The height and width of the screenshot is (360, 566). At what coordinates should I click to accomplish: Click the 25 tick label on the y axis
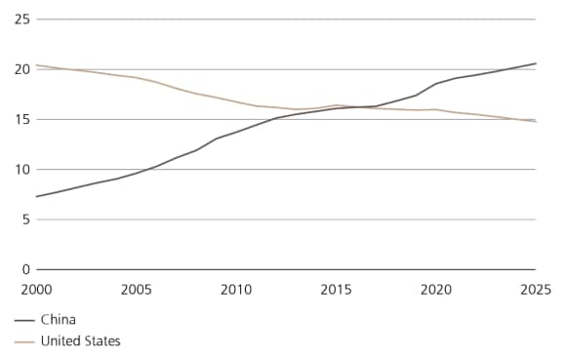(20, 20)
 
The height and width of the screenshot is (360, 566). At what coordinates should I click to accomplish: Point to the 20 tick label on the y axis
(20, 69)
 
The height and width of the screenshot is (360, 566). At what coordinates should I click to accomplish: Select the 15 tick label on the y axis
(20, 120)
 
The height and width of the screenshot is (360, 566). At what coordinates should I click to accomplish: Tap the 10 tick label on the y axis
(20, 170)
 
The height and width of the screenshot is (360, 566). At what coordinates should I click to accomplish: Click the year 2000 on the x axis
(36, 289)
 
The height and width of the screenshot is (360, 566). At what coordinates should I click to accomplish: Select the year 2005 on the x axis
(136, 289)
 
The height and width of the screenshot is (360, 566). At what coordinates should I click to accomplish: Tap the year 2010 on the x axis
(236, 289)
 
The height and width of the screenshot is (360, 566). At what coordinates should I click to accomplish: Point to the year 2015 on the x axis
(336, 289)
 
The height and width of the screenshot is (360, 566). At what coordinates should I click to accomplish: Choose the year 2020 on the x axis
(435, 289)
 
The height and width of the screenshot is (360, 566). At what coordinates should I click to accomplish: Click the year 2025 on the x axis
(535, 289)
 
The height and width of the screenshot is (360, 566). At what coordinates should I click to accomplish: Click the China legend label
(58, 319)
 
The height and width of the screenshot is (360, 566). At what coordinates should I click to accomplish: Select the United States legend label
(80, 340)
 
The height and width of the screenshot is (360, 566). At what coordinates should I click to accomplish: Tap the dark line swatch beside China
(25, 319)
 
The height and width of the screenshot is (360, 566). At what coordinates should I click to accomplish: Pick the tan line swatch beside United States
(25, 340)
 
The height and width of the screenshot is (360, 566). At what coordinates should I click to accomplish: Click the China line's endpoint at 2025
(536, 63)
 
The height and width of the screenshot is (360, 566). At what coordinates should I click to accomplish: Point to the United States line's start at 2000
(36, 65)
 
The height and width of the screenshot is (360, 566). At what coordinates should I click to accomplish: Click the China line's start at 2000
(36, 196)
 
